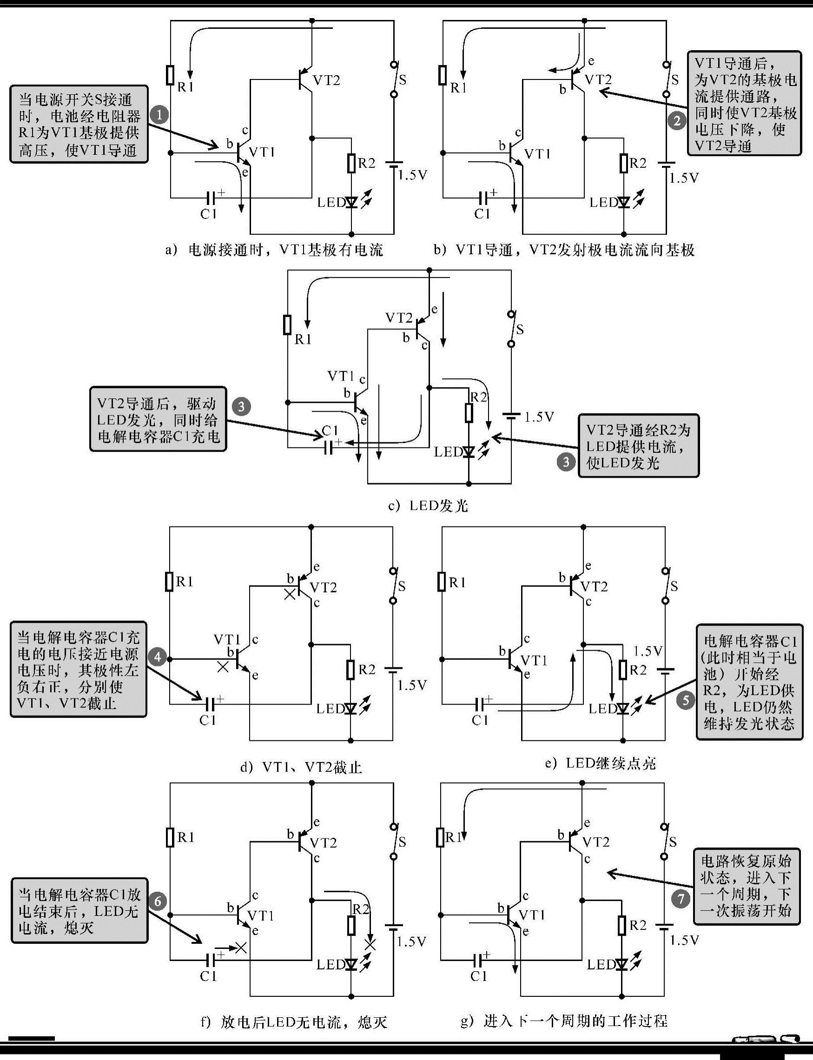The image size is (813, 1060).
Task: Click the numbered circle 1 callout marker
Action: (159, 115)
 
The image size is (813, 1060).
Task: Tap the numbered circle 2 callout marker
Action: (676, 120)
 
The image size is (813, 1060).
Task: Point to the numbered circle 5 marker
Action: (685, 699)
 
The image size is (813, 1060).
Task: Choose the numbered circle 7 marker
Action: (681, 899)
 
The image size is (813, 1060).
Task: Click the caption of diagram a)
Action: (274, 250)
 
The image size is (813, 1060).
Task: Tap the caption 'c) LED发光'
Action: (428, 506)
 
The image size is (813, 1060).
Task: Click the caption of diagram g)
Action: (564, 1021)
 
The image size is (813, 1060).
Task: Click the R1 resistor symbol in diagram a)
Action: (170, 75)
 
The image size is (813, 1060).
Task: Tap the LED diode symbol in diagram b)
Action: (624, 202)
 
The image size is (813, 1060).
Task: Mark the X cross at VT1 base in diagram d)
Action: (223, 668)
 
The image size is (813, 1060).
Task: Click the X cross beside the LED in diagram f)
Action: (370, 944)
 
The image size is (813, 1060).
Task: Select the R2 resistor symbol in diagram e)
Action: (623, 669)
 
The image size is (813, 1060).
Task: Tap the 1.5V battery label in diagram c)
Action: (539, 417)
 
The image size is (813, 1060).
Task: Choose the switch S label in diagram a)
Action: (402, 80)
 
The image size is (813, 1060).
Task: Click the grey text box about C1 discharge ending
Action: (79, 910)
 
